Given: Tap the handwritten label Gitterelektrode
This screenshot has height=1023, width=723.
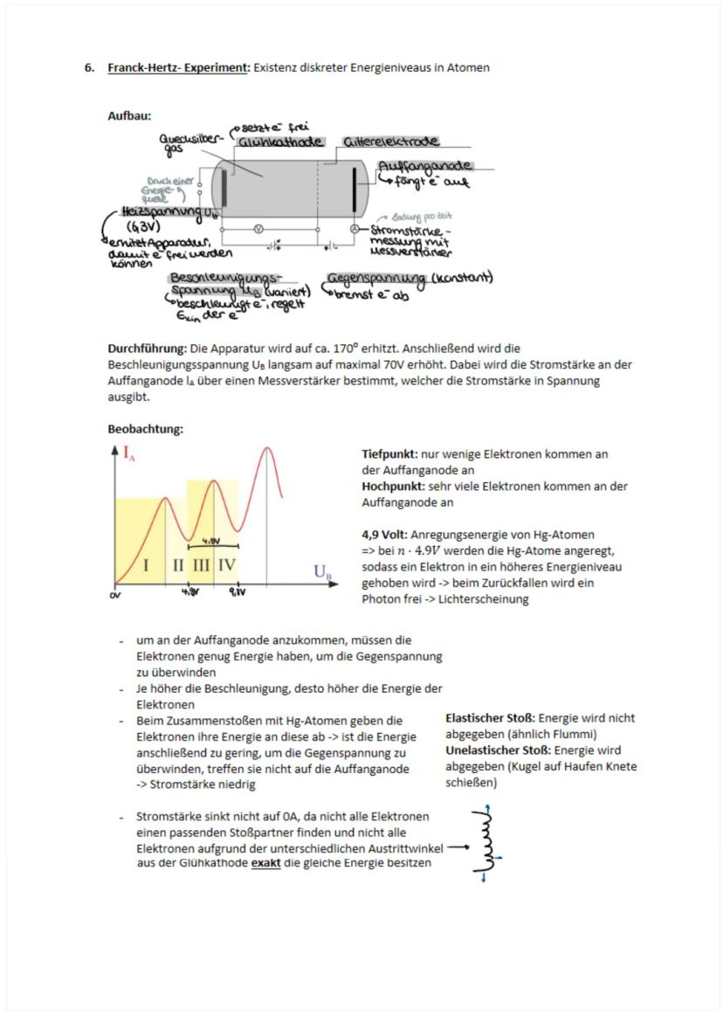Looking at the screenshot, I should pyautogui.click(x=390, y=142).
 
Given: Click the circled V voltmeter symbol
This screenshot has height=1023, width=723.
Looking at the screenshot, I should pyautogui.click(x=258, y=228).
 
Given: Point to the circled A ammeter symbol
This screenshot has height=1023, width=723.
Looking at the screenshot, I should pyautogui.click(x=355, y=228).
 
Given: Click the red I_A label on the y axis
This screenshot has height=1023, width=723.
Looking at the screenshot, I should pyautogui.click(x=129, y=453).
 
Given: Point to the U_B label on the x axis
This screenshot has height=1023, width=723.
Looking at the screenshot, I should pyautogui.click(x=322, y=572).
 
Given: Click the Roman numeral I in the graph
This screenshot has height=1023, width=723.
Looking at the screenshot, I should pyautogui.click(x=146, y=565).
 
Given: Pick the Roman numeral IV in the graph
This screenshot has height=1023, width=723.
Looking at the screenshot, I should pyautogui.click(x=226, y=565).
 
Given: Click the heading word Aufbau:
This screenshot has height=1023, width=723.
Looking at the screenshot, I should pyautogui.click(x=129, y=115).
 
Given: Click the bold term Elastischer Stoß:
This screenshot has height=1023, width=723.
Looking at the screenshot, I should pyautogui.click(x=490, y=718).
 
